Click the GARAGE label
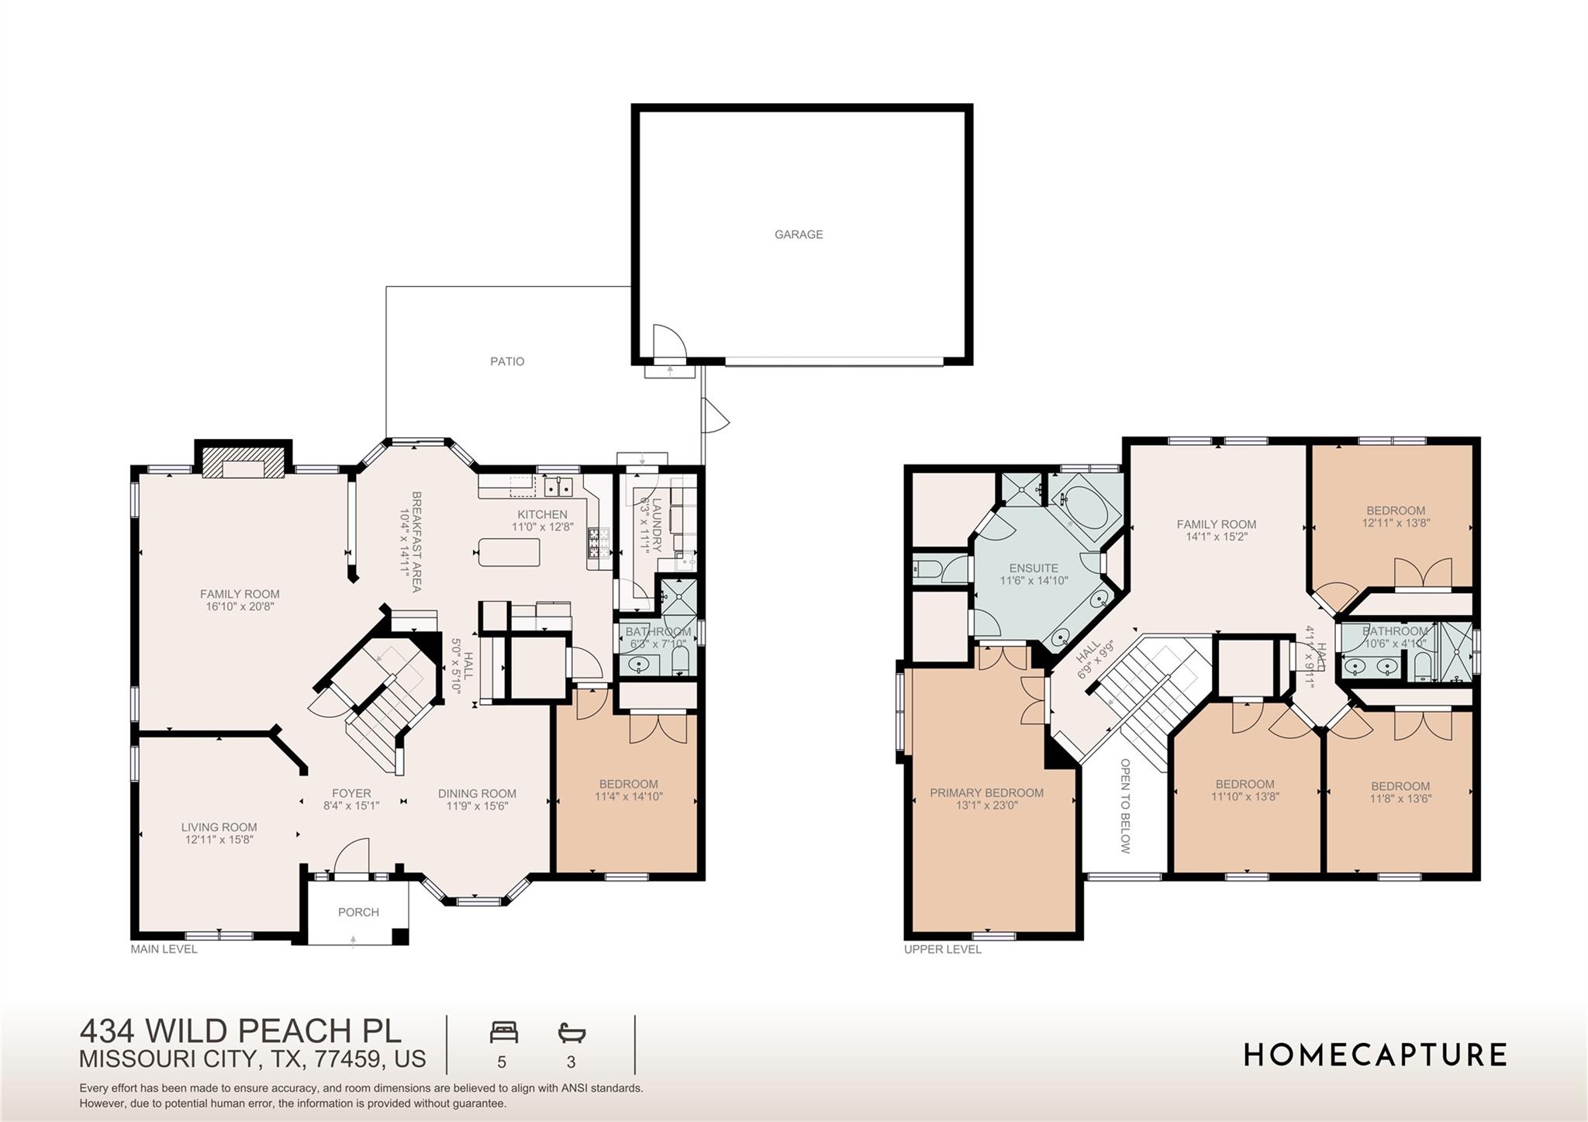pos(798,234)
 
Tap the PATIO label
pos(507,361)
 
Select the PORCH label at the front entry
pos(358,912)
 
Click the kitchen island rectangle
pos(509,552)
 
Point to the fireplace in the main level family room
pos(243,467)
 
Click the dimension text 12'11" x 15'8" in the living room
pos(219,840)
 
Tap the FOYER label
pos(351,793)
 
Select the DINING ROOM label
pos(477,793)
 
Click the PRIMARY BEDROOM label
pos(986,792)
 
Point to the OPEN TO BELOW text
pos(1125,806)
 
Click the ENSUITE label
pos(1034,568)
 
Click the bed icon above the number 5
pos(503,1033)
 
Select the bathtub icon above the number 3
pos(571,1033)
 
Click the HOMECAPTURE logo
pos(1375,1055)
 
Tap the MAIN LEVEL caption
pos(164,949)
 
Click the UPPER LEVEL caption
pos(942,949)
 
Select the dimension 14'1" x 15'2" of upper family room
pos(1216,537)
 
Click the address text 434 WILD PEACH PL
pos(240,1031)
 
